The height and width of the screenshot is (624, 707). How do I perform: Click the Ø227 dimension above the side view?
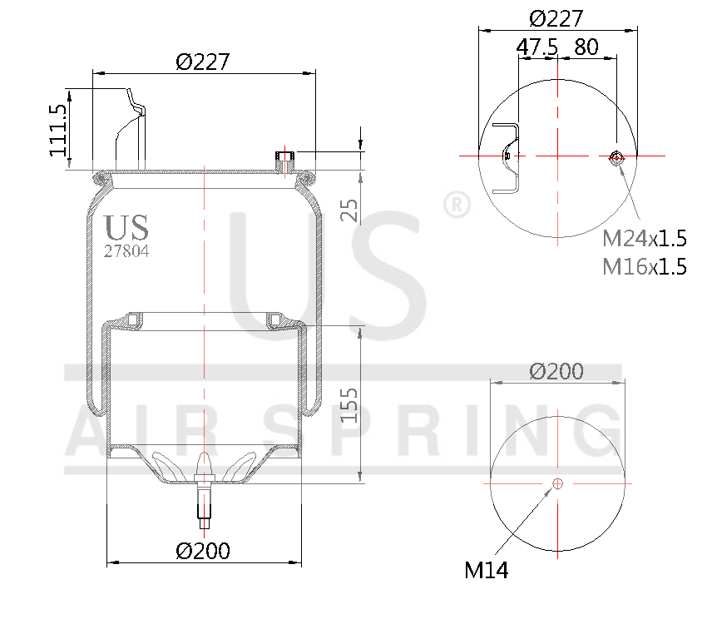[202, 62]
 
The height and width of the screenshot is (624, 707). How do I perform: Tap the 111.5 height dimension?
[57, 130]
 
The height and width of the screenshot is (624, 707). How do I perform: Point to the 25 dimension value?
[350, 210]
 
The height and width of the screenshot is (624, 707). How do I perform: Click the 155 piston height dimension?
[350, 405]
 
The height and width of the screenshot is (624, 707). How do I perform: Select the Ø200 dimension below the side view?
[203, 550]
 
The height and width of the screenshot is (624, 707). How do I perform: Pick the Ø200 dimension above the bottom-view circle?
[556, 371]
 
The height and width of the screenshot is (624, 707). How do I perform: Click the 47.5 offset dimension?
[536, 47]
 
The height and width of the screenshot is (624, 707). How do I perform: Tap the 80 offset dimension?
[586, 47]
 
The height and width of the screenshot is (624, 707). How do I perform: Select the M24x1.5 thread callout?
[645, 240]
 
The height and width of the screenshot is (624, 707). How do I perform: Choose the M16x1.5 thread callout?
[645, 266]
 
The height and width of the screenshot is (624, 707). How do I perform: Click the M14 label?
[486, 570]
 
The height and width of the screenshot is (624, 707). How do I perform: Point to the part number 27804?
[126, 250]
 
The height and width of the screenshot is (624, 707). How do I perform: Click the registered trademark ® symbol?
[456, 205]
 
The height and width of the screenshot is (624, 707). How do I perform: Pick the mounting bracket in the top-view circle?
[507, 157]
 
